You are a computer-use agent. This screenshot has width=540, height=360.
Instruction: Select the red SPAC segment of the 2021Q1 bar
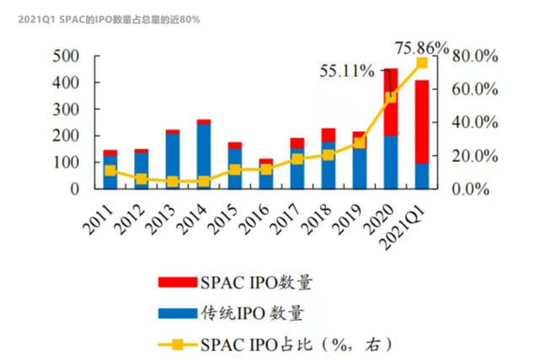(421, 121)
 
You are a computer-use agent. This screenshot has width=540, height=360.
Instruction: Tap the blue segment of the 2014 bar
(203, 156)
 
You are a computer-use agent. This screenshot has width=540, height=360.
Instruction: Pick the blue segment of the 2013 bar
(172, 160)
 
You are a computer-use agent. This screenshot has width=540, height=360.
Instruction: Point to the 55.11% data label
(346, 72)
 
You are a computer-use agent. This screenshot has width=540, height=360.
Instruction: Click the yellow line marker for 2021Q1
(421, 63)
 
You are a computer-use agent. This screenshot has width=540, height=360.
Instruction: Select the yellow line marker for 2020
(391, 97)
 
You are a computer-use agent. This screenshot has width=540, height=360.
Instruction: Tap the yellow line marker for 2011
(110, 170)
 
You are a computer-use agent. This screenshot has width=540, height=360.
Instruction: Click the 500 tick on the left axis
(65, 56)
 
